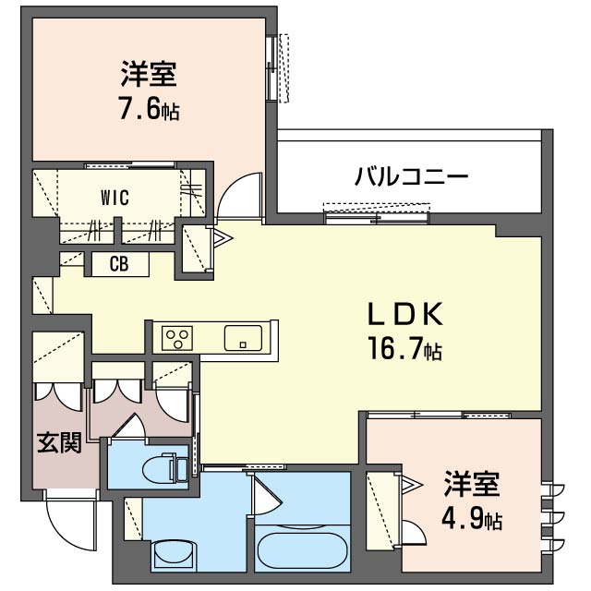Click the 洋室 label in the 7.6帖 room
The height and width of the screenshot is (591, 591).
click(x=148, y=72)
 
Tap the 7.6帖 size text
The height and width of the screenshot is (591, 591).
click(x=148, y=110)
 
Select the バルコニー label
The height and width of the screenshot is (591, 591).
click(x=411, y=175)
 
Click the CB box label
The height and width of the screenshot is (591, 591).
click(x=118, y=264)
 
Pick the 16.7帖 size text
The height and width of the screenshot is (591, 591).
click(x=406, y=350)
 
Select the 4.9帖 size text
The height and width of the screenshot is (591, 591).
click(x=471, y=519)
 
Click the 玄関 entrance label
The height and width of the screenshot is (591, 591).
click(x=59, y=443)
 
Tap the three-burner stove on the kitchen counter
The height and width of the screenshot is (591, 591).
click(x=176, y=338)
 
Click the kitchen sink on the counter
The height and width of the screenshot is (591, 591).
click(x=243, y=338)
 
